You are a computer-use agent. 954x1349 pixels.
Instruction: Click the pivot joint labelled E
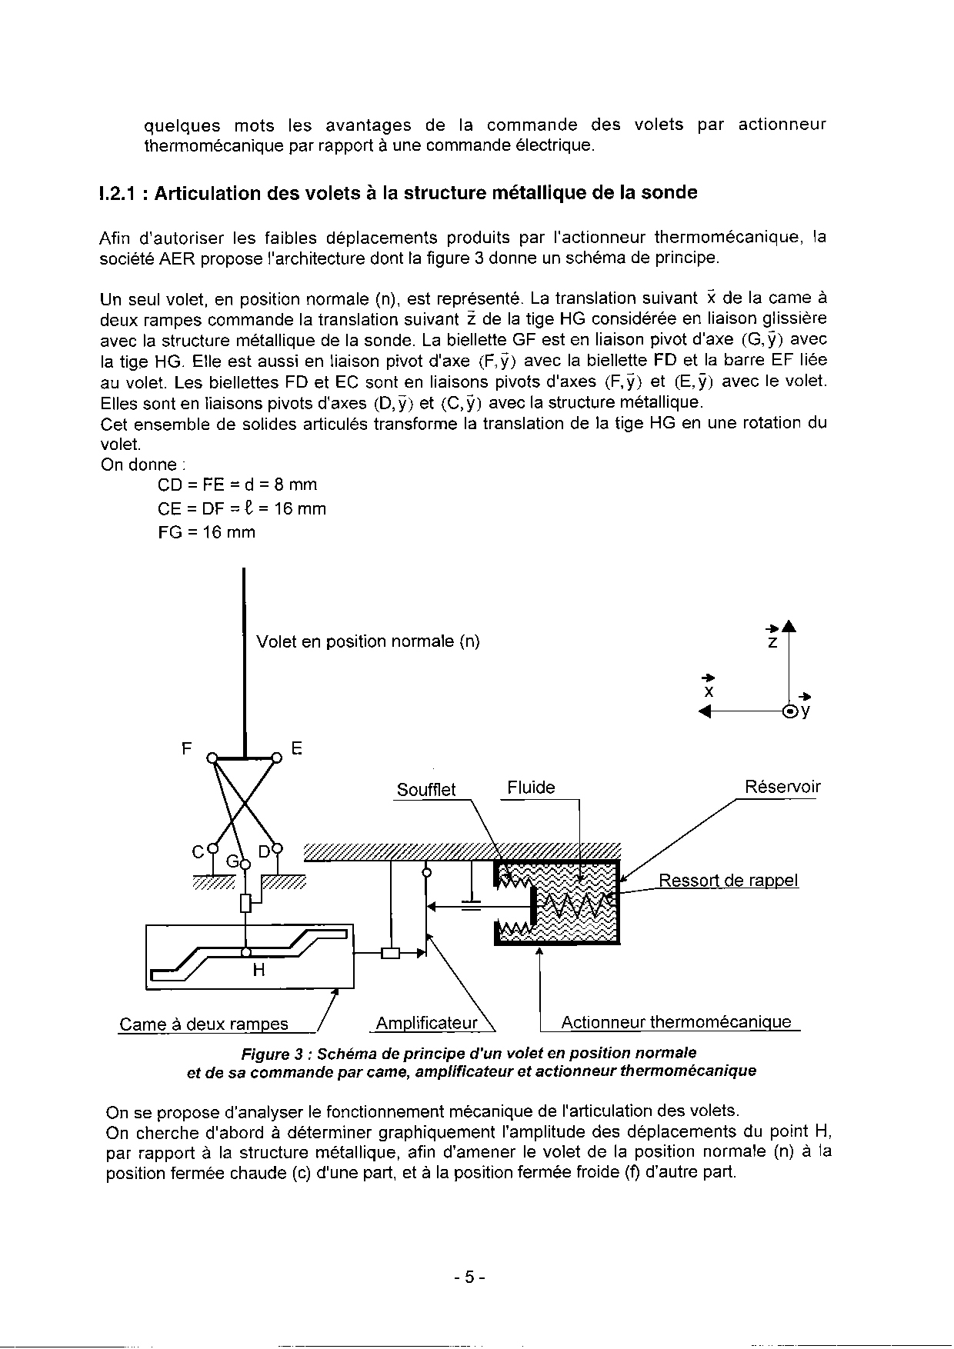(x=277, y=757)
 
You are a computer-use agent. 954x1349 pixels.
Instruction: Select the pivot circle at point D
(x=277, y=849)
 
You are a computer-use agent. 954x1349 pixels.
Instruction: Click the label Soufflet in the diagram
(x=425, y=790)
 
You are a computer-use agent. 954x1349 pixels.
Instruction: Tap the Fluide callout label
(x=531, y=788)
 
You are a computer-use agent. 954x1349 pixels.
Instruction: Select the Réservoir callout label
(x=782, y=787)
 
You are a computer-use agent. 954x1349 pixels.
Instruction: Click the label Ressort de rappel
(x=728, y=881)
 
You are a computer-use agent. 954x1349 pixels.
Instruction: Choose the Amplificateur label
(x=426, y=1023)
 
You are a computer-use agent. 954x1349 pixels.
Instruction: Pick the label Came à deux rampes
(x=204, y=1024)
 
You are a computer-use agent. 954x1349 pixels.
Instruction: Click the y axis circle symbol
(x=789, y=711)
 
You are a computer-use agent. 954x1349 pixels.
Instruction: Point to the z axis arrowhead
(x=789, y=625)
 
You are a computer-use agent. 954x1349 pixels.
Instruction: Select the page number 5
(x=469, y=1277)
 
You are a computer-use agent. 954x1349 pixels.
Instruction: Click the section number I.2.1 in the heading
(x=119, y=193)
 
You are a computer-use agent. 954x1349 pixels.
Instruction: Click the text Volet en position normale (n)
(x=368, y=641)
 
